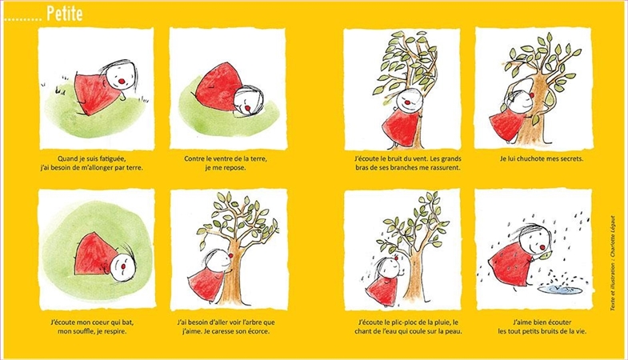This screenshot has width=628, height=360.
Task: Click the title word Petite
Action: tap(65, 14)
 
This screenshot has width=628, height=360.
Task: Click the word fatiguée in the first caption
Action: tap(110, 158)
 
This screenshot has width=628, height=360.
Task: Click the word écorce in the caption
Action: tap(255, 331)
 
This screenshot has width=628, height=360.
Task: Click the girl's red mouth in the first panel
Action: tap(122, 81)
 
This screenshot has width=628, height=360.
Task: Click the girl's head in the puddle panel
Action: tap(533, 241)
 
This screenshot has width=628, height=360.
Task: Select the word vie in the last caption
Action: tap(579, 331)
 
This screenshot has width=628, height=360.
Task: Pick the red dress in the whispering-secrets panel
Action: tap(507, 125)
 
